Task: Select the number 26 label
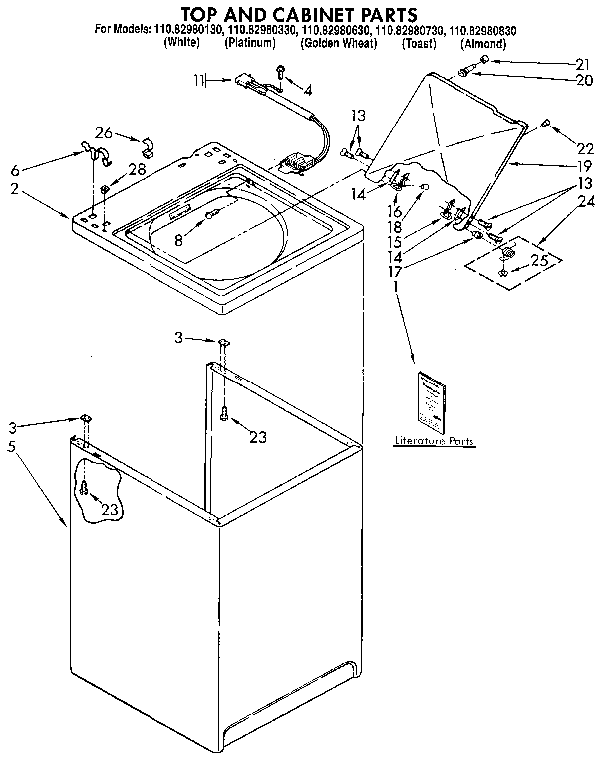click(103, 133)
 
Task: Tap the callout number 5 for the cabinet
click(11, 448)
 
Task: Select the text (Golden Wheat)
click(338, 44)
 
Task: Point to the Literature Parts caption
click(434, 440)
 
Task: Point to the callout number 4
click(307, 91)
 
